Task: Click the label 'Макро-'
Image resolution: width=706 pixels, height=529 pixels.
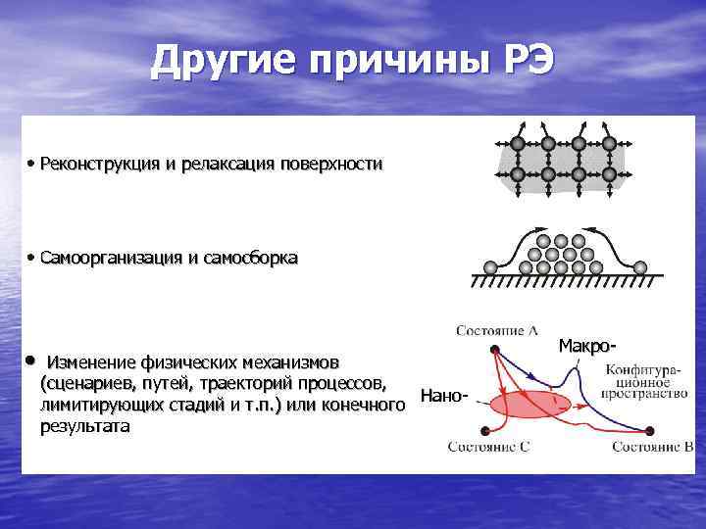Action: [x=588, y=345]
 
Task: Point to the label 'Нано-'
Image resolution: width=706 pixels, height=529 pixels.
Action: [x=444, y=396]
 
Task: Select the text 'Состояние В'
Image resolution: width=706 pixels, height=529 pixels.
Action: [x=653, y=447]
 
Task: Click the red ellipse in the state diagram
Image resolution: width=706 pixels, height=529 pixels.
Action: [x=529, y=405]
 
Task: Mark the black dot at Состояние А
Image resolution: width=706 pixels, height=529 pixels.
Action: [x=496, y=348]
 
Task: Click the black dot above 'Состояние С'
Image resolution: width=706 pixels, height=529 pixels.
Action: [x=485, y=431]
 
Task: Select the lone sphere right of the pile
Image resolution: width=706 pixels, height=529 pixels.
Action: [x=640, y=266]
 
